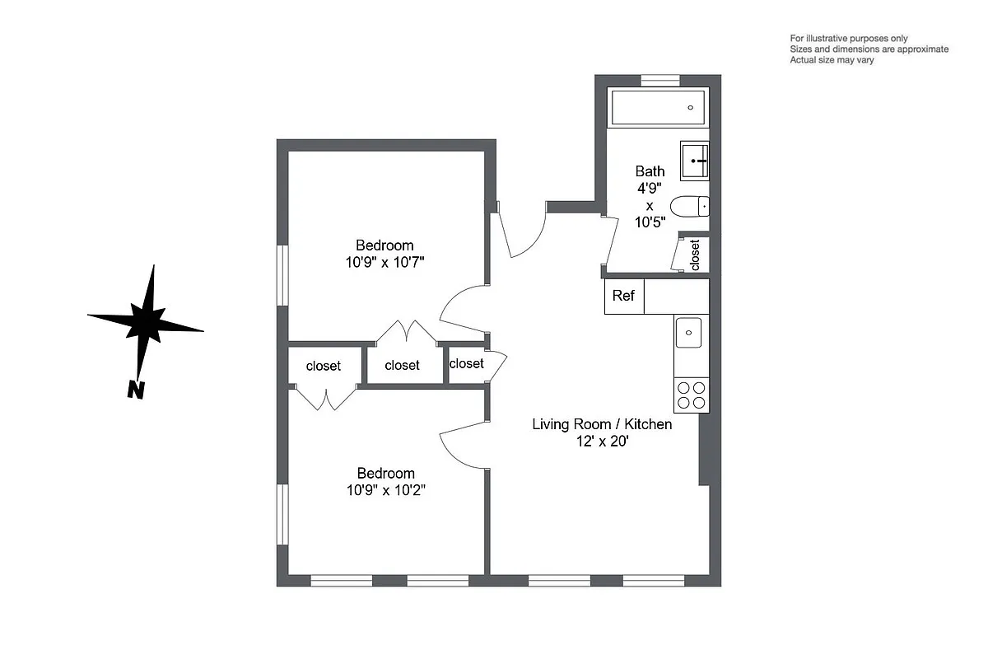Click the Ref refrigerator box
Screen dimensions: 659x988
pos(624,297)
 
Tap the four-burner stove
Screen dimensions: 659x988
pos(690,395)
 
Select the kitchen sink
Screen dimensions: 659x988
pos(688,334)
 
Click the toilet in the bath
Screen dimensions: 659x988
pos(690,205)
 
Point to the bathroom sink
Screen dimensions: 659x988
pos(695,161)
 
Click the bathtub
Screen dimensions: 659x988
pos(657,107)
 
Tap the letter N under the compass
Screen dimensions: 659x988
pos(136,390)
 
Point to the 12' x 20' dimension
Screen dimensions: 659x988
pos(602,442)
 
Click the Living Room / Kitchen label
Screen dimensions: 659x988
pos(602,424)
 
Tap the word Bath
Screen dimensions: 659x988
pos(650,171)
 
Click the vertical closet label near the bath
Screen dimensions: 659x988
pos(695,255)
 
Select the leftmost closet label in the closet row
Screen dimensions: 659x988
pos(323,366)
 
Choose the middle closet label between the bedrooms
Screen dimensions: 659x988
pos(402,365)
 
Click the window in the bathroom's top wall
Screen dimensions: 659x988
pos(659,80)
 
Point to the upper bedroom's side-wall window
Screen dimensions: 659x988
pos(282,275)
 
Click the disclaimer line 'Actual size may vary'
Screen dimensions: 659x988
pos(832,60)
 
